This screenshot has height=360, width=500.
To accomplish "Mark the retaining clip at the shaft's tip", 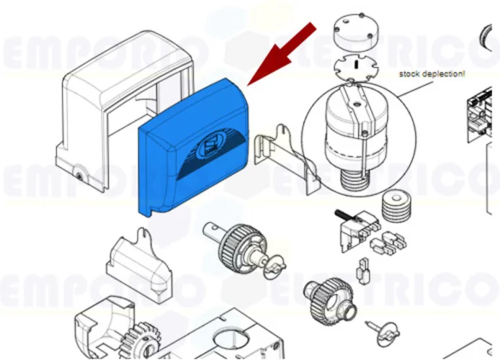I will tap(269, 267).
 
